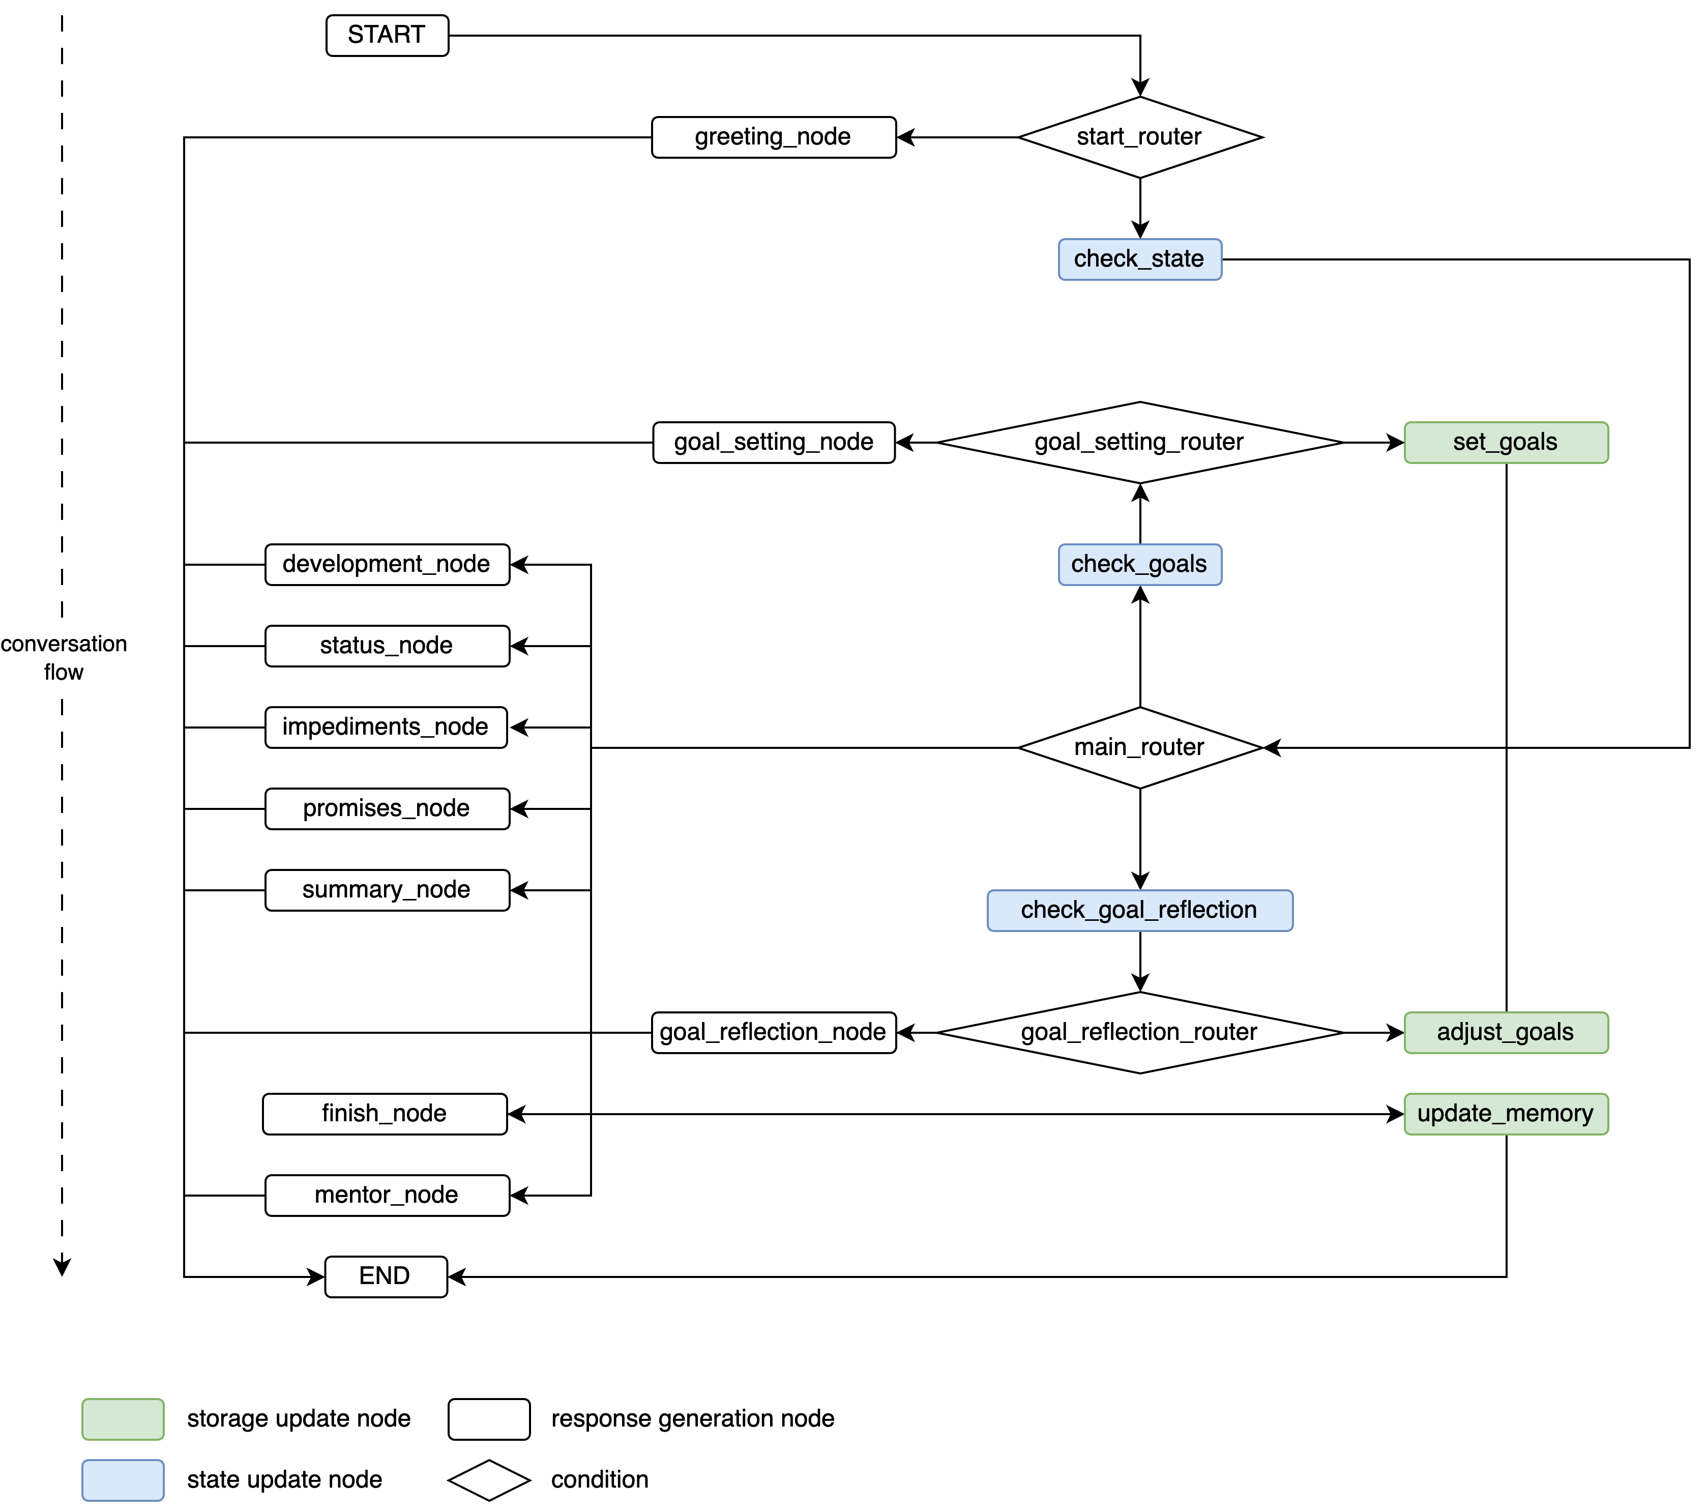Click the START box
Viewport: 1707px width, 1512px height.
click(387, 35)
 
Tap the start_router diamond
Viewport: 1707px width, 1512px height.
click(1139, 137)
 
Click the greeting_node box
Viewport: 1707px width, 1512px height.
click(773, 137)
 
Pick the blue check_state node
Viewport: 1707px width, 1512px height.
click(1139, 259)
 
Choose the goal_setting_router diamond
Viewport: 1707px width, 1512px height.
click(1139, 442)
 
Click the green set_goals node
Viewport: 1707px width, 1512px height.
click(1505, 442)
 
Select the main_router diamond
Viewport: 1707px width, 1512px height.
click(1139, 747)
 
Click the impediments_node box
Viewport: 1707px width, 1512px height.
click(386, 727)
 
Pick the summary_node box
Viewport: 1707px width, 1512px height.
click(387, 890)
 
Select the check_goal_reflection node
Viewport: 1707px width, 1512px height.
click(1139, 910)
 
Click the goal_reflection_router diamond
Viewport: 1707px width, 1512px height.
click(1139, 1032)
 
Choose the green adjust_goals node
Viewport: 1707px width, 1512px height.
click(1505, 1032)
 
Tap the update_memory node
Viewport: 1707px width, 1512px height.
click(1505, 1114)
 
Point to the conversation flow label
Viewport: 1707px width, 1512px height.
click(64, 657)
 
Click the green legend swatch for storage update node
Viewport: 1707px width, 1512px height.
click(123, 1418)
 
